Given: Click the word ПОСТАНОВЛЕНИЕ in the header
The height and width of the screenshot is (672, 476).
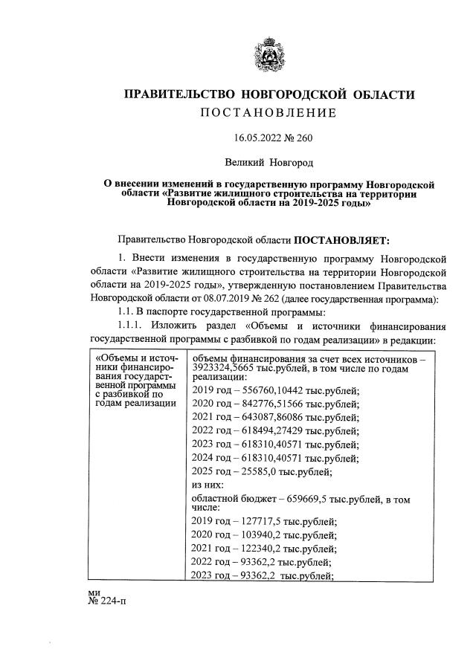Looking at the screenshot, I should click(x=267, y=112).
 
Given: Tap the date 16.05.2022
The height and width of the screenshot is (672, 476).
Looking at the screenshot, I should click(x=257, y=138).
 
